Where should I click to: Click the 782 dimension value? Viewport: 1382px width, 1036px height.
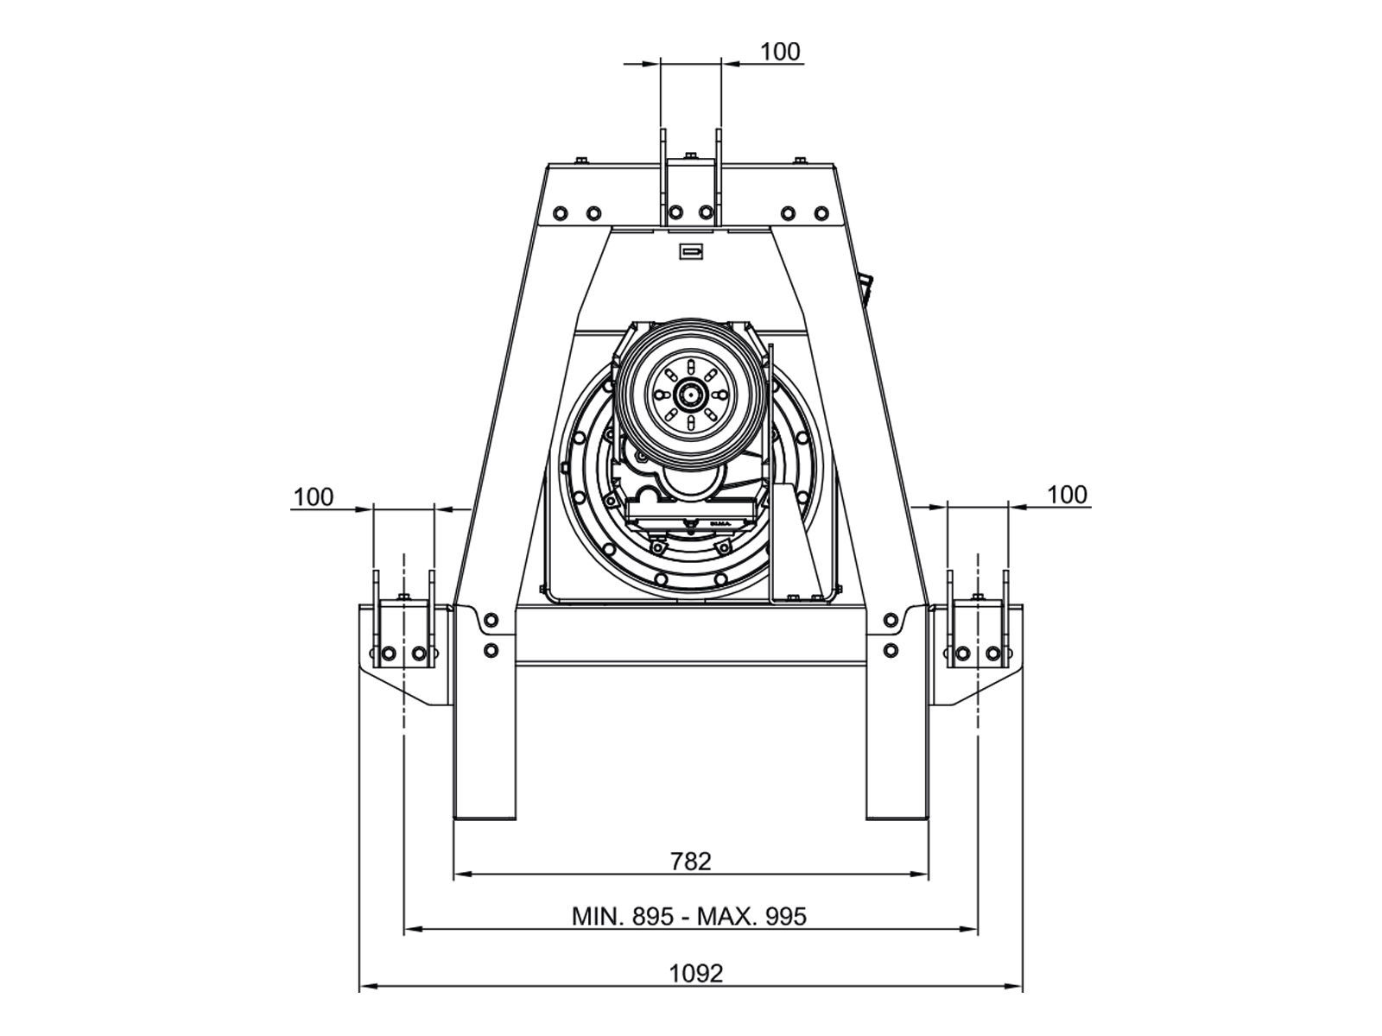click(x=690, y=861)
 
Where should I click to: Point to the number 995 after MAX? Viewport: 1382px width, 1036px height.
click(x=786, y=916)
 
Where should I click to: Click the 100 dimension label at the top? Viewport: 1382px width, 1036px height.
click(x=780, y=52)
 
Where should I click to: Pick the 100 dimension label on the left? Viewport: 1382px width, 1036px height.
click(x=313, y=497)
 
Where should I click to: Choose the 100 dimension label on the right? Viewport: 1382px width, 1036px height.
click(x=1067, y=495)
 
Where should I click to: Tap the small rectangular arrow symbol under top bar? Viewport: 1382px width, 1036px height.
click(x=691, y=251)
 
